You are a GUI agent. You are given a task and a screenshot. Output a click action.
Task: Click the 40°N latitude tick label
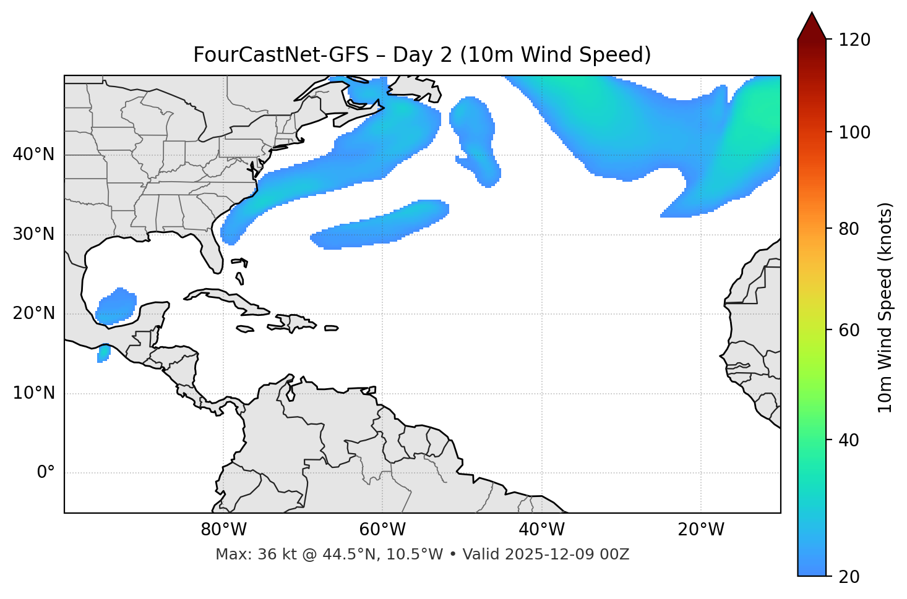[x=33, y=155]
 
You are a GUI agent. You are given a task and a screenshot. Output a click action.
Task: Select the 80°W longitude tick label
[x=223, y=530]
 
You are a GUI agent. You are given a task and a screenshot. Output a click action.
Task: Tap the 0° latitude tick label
[x=46, y=473]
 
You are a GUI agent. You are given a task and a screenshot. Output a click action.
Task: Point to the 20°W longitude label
[x=701, y=530]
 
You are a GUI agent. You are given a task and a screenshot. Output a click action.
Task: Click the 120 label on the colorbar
[x=855, y=40]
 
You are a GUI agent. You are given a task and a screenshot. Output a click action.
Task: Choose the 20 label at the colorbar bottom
[x=850, y=577]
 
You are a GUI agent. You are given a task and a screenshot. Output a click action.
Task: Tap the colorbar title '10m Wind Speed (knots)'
[x=885, y=307]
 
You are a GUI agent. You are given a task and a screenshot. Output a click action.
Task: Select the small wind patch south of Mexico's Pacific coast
[x=104, y=354]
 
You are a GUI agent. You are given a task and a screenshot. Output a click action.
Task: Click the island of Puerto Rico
[x=332, y=328]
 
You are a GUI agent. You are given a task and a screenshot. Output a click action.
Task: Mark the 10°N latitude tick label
[x=33, y=393]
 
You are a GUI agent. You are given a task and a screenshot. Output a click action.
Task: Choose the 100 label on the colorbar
[x=855, y=132]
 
